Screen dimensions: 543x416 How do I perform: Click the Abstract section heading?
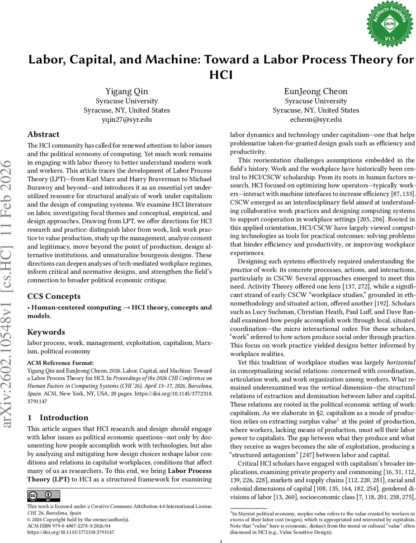click(x=43, y=134)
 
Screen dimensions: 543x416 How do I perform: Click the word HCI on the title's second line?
click(x=221, y=74)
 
